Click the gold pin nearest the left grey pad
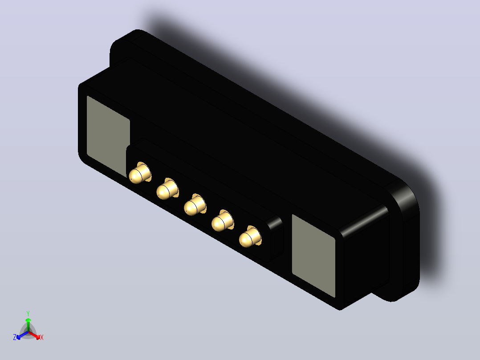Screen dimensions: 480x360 click(x=140, y=173)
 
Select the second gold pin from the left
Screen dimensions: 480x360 click(x=167, y=189)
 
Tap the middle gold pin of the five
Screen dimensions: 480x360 click(x=195, y=205)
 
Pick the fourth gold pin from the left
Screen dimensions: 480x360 click(x=222, y=221)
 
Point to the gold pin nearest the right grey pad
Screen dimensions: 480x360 click(x=250, y=237)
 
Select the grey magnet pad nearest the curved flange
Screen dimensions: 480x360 click(x=313, y=256)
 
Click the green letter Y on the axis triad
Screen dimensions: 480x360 click(x=28, y=314)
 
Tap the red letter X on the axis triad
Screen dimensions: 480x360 click(x=42, y=337)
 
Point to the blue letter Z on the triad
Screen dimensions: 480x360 click(x=14, y=337)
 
